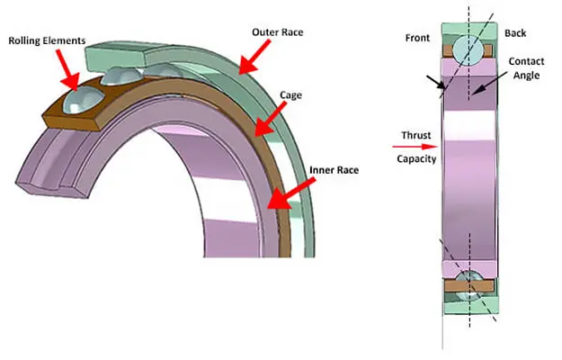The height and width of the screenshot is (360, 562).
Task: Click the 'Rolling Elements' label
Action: [x=48, y=40]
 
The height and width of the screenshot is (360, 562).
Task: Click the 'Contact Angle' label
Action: [x=526, y=69]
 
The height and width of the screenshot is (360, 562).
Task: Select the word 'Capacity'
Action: [x=416, y=158]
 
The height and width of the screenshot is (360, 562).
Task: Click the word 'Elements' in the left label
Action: [x=67, y=40]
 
